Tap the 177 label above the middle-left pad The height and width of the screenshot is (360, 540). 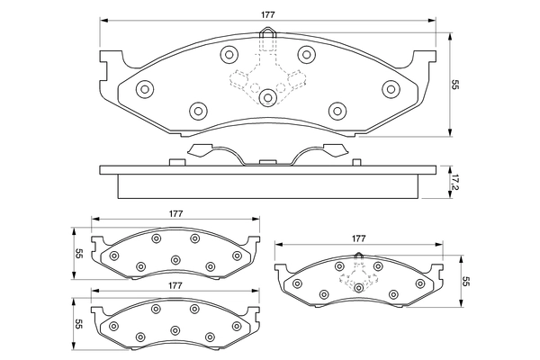pyautogui.click(x=175, y=213)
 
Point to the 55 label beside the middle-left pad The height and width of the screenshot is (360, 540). pyautogui.click(x=79, y=253)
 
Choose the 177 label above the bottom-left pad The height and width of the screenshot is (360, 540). pyautogui.click(x=175, y=284)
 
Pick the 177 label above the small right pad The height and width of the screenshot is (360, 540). pyautogui.click(x=359, y=238)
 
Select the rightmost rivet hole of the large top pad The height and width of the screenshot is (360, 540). pyautogui.click(x=391, y=88)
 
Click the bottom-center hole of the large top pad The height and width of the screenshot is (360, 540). pyautogui.click(x=268, y=98)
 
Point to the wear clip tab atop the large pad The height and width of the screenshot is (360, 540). pyautogui.click(x=268, y=37)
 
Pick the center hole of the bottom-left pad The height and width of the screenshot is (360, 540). pyautogui.click(x=175, y=329)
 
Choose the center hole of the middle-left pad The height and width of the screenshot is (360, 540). pyautogui.click(x=175, y=260)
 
